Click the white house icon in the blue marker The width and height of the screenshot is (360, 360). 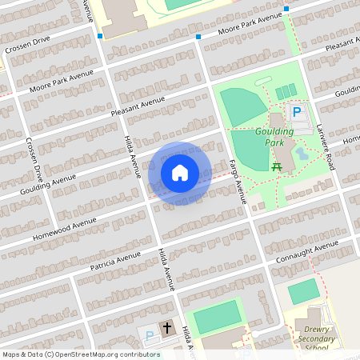(180, 173)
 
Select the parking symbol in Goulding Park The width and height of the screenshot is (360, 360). (296, 114)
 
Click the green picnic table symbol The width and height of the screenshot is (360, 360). (277, 166)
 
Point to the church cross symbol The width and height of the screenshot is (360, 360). (167, 328)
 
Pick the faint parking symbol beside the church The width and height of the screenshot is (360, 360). (150, 336)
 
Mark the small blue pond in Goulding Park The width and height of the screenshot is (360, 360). (301, 152)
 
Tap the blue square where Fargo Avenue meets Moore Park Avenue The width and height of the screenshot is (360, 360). (198, 37)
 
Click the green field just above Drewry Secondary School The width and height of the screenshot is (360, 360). (303, 291)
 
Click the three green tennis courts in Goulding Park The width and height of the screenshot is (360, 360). (285, 94)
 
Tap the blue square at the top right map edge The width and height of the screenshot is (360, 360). (286, 10)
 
